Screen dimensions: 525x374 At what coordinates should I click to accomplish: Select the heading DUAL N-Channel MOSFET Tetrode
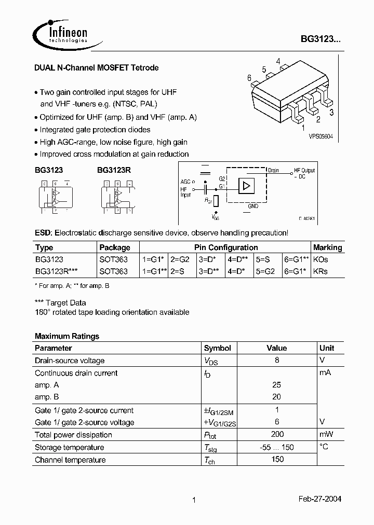[96, 68]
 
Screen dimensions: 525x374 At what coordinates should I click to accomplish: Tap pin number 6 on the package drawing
[249, 78]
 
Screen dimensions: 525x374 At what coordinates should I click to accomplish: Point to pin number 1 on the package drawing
[303, 126]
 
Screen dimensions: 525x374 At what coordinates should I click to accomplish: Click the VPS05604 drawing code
[320, 136]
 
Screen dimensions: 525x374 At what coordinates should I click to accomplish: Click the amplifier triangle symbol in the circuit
[246, 186]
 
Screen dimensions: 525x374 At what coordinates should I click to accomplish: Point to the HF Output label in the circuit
[304, 171]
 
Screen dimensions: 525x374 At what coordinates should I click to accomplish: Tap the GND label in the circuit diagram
[252, 206]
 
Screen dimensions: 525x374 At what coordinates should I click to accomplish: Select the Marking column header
[327, 247]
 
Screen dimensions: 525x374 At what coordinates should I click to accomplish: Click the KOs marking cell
[321, 259]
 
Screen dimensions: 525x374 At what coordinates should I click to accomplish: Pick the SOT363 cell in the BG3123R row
[113, 271]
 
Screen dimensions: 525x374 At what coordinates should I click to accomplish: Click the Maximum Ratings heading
[66, 336]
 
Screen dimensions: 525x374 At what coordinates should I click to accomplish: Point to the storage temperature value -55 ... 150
[276, 447]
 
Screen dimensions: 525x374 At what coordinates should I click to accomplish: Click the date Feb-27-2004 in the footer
[319, 499]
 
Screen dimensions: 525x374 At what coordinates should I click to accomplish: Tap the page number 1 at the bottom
[194, 500]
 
